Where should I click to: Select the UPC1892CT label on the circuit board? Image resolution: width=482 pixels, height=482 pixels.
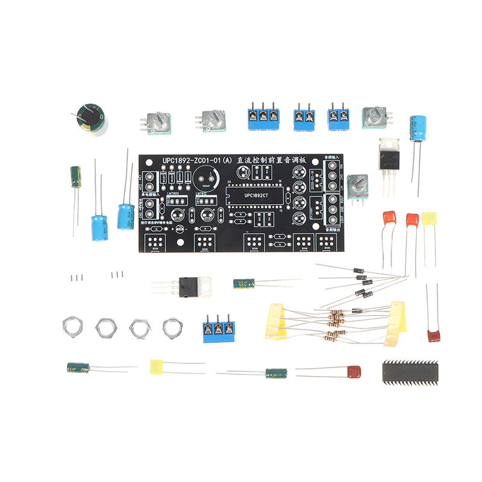(x=255, y=196)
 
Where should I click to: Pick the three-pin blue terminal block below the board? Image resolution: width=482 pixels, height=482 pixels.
(x=218, y=329)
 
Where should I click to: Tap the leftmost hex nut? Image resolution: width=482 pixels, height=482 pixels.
(x=72, y=326)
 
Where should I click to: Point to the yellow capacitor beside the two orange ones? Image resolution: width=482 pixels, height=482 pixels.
(x=430, y=218)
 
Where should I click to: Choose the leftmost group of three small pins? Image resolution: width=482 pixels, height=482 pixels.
(x=77, y=278)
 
